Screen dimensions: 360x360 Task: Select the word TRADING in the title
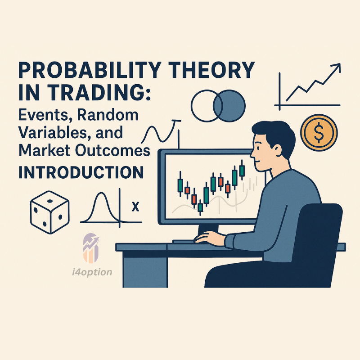[99, 92]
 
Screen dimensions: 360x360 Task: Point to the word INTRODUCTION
[81, 172]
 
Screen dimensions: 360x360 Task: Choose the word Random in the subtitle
[108, 115]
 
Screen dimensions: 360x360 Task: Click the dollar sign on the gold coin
[319, 132]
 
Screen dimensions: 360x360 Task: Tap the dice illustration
[49, 212]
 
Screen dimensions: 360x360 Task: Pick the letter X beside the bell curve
[136, 207]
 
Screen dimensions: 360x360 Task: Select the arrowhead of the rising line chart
[336, 67]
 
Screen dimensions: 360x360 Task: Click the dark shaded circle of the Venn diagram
[229, 106]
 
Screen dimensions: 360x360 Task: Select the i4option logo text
[92, 272]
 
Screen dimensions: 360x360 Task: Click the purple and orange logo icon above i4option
[91, 248]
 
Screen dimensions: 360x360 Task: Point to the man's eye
[259, 148]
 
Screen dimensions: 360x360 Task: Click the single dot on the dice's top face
[50, 201]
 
